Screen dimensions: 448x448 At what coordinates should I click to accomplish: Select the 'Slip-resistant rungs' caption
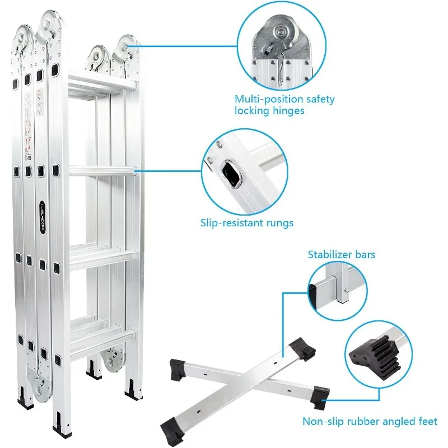coord(247,223)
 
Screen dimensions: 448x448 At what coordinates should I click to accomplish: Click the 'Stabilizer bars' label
coord(342,255)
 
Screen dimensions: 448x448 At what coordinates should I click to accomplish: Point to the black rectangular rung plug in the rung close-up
coord(230,173)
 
